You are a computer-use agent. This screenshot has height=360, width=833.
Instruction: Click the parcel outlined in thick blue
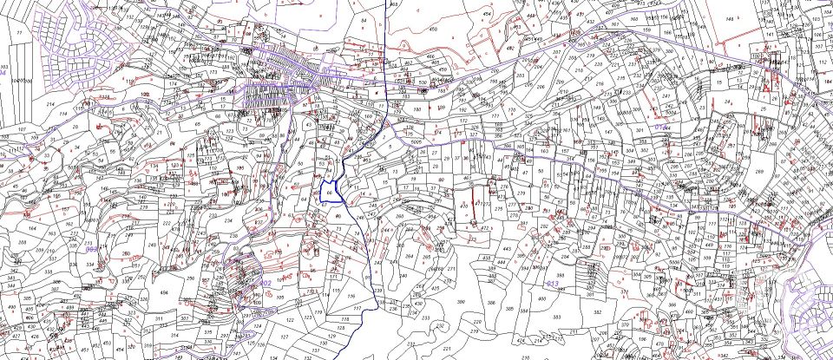point(330,190)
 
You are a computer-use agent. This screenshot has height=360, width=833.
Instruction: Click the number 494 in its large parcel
point(163,292)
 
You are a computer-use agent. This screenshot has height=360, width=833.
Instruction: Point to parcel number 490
point(10,307)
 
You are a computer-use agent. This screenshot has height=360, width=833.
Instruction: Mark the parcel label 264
point(409,257)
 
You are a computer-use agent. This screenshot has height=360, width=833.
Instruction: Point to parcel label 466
point(431,57)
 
